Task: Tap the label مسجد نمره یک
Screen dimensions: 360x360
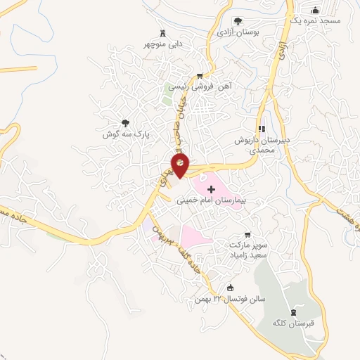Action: click(316, 21)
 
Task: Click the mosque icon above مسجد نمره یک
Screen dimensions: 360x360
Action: click(315, 9)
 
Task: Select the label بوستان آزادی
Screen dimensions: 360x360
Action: click(238, 32)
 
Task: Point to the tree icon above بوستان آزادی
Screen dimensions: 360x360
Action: click(238, 20)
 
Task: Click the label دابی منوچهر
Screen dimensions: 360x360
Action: click(165, 43)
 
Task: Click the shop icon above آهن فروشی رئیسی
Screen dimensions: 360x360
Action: click(200, 76)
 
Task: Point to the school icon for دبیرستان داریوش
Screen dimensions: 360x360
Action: click(262, 129)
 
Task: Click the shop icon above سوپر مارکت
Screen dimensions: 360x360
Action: click(247, 235)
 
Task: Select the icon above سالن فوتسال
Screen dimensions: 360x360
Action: click(230, 288)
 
